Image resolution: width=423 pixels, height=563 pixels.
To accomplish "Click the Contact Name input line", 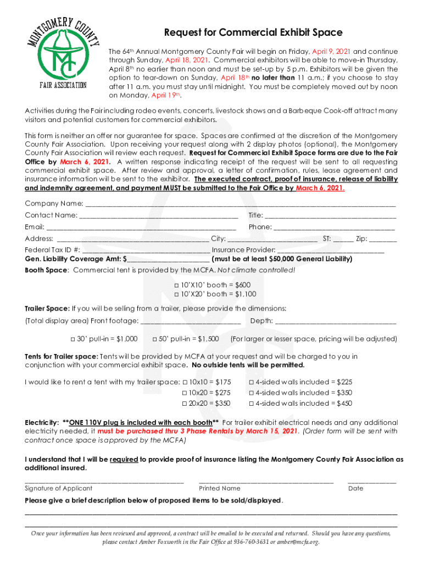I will (159, 216).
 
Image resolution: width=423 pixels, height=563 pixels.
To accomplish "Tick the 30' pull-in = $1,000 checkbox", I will (73, 339).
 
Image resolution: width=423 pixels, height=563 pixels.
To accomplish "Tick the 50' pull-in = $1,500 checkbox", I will (155, 339).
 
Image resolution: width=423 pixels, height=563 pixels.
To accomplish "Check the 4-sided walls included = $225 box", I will (252, 382).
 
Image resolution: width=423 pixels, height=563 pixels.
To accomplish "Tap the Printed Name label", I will (219, 488).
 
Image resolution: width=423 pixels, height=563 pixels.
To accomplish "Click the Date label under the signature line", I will (355, 488).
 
